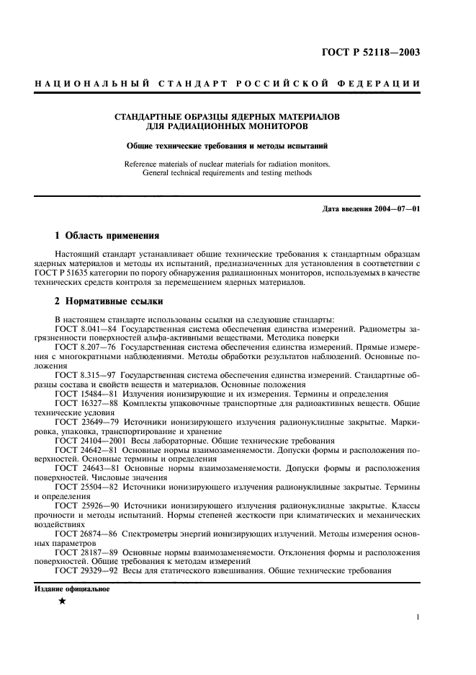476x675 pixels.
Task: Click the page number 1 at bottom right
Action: [x=418, y=617]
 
